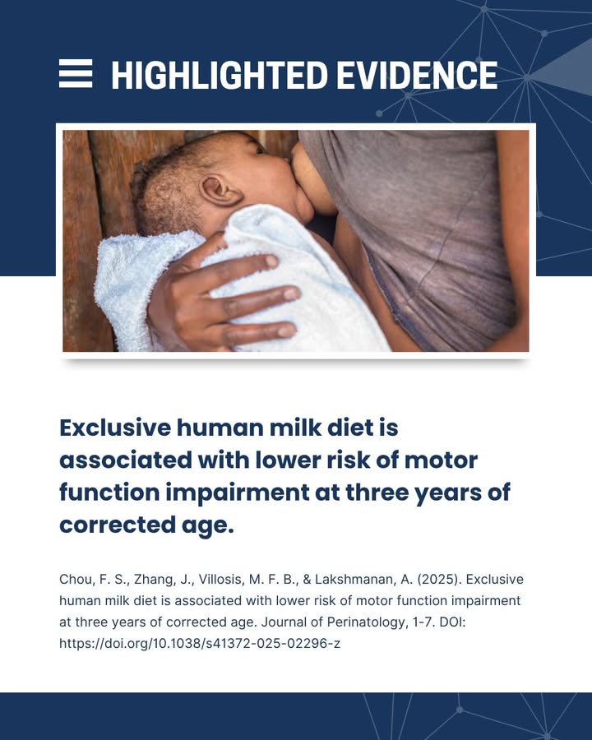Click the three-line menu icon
click(x=76, y=73)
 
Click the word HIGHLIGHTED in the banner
click(x=220, y=75)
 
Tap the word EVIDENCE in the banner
click(x=417, y=75)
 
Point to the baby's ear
click(x=219, y=190)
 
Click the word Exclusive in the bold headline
click(x=115, y=428)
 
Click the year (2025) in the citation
click(x=437, y=579)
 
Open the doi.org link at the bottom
click(x=200, y=643)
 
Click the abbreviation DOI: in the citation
click(x=453, y=622)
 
